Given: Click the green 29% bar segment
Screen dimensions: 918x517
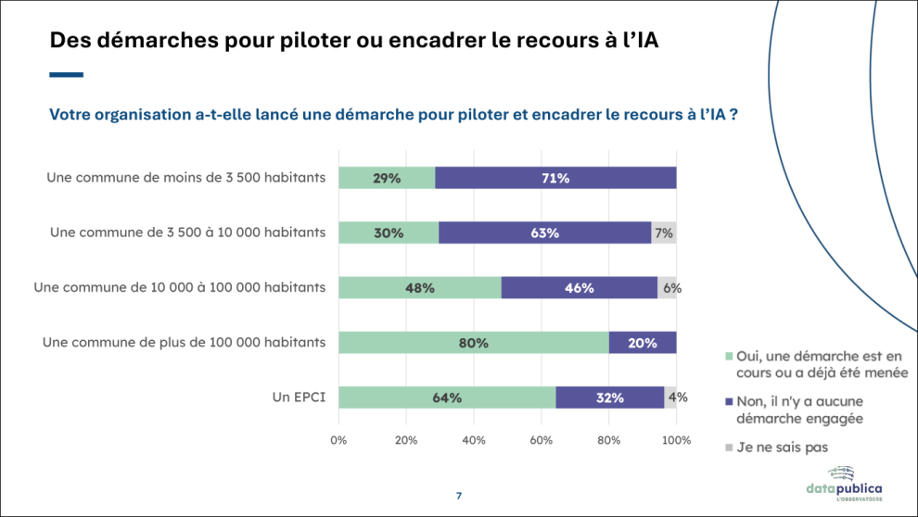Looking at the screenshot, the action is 387,178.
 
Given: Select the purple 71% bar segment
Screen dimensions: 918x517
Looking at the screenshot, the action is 555,178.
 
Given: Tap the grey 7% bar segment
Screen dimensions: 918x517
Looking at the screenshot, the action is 664,233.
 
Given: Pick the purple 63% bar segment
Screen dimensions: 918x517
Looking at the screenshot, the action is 545,233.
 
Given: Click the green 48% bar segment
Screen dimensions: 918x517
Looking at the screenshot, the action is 420,288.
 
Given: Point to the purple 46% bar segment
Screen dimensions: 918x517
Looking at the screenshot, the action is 580,288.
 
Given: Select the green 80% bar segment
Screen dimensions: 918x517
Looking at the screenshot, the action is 474,343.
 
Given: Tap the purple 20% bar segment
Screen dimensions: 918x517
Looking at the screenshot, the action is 643,343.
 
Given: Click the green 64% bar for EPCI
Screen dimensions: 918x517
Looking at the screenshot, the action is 447,397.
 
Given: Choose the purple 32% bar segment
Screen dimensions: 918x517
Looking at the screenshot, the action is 610,397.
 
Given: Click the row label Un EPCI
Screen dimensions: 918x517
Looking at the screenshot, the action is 299,397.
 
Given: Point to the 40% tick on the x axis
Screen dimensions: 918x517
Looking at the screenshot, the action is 474,440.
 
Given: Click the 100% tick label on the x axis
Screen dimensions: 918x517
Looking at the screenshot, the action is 676,440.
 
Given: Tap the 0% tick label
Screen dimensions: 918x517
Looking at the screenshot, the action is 338,440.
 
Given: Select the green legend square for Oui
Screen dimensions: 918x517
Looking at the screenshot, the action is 729,356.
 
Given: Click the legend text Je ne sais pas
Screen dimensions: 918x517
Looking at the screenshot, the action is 783,448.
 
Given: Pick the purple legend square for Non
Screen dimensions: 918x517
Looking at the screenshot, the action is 729,402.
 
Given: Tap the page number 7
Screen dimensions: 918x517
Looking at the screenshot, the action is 459,496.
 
